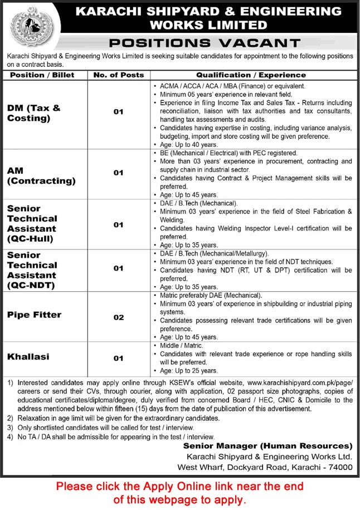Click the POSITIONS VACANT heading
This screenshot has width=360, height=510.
(205, 42)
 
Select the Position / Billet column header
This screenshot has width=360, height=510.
(42, 75)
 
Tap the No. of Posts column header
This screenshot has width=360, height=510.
(119, 75)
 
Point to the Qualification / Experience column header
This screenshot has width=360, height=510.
(251, 75)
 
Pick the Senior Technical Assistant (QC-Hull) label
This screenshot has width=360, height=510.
(32, 223)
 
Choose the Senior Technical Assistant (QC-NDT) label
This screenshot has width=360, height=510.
(32, 270)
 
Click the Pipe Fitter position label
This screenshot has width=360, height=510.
(35, 315)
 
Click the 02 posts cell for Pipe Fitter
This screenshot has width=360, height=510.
(119, 317)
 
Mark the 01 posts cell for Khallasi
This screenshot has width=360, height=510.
(119, 359)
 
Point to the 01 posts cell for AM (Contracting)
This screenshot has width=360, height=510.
(119, 173)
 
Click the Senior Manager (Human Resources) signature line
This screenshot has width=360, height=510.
(268, 446)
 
